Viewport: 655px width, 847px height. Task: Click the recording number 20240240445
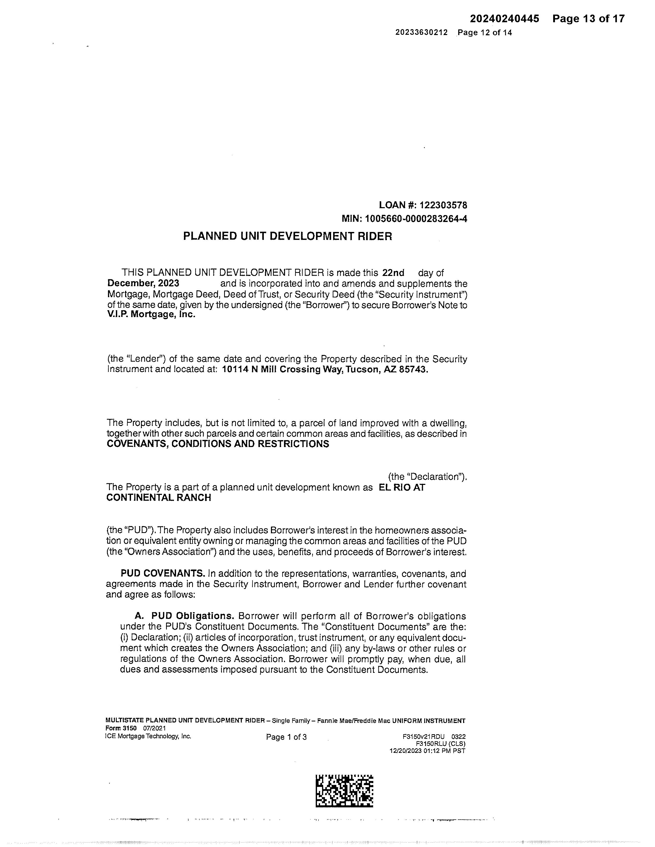point(505,19)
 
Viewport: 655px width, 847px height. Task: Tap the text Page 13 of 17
point(589,19)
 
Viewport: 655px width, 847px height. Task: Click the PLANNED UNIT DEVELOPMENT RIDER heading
point(288,236)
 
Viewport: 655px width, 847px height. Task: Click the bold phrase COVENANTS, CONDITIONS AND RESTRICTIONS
point(218,444)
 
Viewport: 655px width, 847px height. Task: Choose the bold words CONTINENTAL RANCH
point(159,498)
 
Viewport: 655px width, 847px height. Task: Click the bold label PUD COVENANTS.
point(162,574)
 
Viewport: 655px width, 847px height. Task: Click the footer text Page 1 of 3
point(286,737)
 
